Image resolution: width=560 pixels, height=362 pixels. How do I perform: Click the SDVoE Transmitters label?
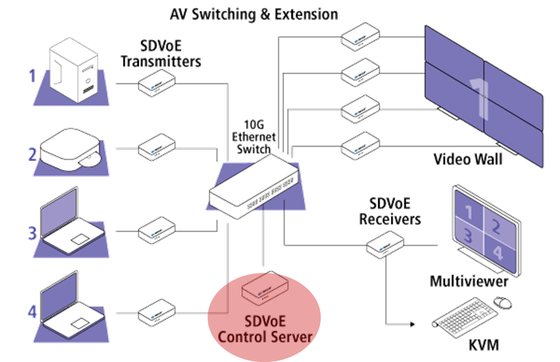tap(171, 54)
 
